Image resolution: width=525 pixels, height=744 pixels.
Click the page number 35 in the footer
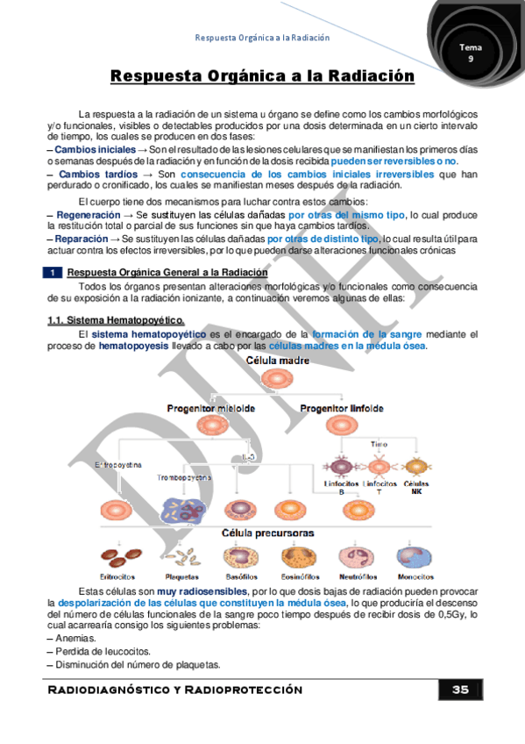(460, 690)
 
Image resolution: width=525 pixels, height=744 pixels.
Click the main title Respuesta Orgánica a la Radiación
(262, 77)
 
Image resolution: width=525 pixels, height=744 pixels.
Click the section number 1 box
(54, 273)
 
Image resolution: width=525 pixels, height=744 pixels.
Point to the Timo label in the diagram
(379, 445)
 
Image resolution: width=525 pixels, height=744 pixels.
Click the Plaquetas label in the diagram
(181, 576)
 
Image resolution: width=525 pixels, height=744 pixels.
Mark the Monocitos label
(414, 576)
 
